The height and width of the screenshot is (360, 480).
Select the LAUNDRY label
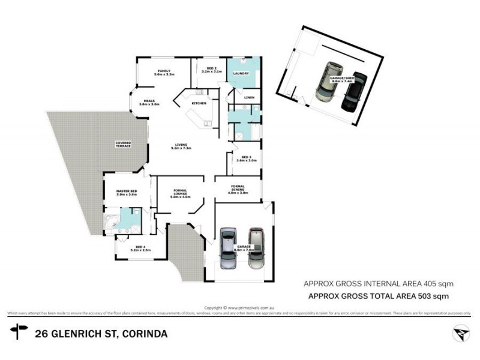pos(241,74)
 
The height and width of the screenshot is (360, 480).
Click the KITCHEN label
pos(199,104)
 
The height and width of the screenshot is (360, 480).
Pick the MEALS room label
pos(149,101)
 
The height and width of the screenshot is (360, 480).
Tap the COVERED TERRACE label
pos(123,144)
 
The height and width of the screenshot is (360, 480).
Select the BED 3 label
pos(246,158)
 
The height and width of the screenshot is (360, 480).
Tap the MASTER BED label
pos(127,192)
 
